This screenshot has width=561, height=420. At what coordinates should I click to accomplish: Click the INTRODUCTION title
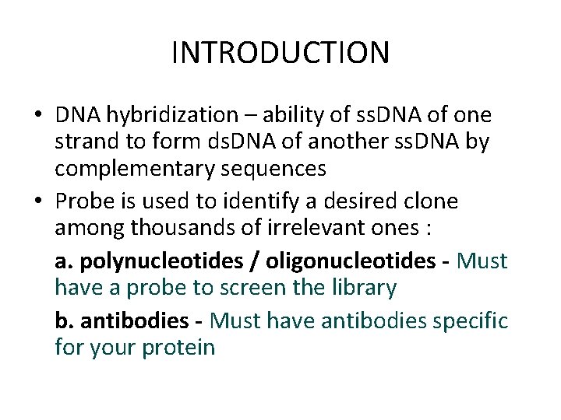point(280,53)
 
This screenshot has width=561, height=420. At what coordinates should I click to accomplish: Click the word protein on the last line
point(178,346)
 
